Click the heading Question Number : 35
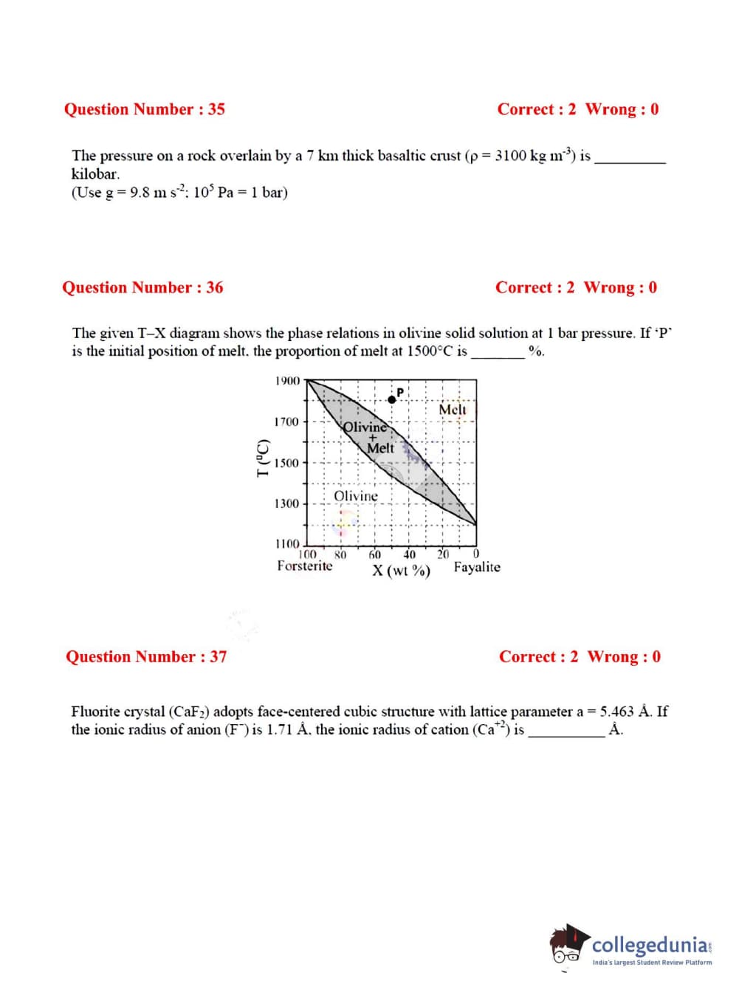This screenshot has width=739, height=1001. (145, 109)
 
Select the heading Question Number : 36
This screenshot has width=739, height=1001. (142, 288)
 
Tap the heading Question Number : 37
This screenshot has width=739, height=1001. (146, 657)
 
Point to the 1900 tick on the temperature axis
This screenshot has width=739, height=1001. (287, 381)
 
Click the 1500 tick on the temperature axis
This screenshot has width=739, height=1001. (287, 464)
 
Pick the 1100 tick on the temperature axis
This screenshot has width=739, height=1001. (287, 544)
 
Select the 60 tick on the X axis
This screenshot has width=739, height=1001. (375, 554)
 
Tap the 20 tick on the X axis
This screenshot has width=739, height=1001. (443, 554)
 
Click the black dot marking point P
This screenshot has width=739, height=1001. (392, 399)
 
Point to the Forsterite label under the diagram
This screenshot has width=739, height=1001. (305, 566)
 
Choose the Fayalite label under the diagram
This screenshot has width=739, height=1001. (477, 567)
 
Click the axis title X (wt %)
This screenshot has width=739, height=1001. (401, 571)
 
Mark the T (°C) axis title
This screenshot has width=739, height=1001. (261, 458)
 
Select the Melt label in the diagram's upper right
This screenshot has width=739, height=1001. (453, 410)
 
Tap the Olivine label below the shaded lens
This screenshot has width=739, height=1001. (356, 496)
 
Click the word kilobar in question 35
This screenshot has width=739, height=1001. (94, 174)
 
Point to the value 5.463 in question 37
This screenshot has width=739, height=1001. (616, 712)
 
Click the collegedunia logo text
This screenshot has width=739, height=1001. (650, 945)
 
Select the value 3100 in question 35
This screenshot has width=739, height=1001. (510, 156)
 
